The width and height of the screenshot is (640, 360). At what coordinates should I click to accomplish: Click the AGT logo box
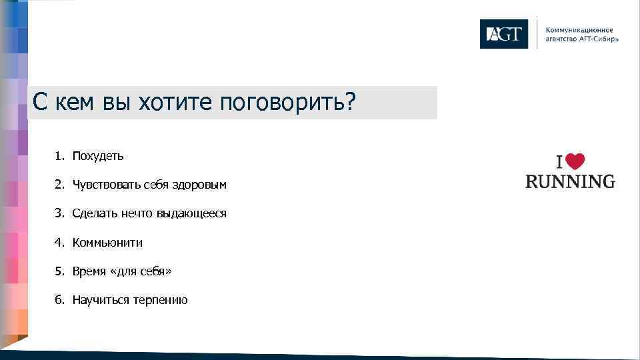tap(503, 34)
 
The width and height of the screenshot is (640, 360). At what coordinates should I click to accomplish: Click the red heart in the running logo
tap(576, 162)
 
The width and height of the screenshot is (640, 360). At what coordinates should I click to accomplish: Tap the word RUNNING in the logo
tap(570, 181)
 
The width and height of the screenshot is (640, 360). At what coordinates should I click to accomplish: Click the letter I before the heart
tap(561, 163)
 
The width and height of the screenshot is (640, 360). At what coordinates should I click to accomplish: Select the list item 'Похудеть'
tap(98, 156)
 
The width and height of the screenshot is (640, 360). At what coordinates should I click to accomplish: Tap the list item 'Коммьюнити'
tap(107, 243)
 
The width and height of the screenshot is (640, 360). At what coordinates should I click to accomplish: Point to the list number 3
tap(59, 213)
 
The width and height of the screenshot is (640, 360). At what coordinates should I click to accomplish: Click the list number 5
tap(59, 271)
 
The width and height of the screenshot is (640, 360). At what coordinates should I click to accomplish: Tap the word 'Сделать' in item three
tap(93, 213)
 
